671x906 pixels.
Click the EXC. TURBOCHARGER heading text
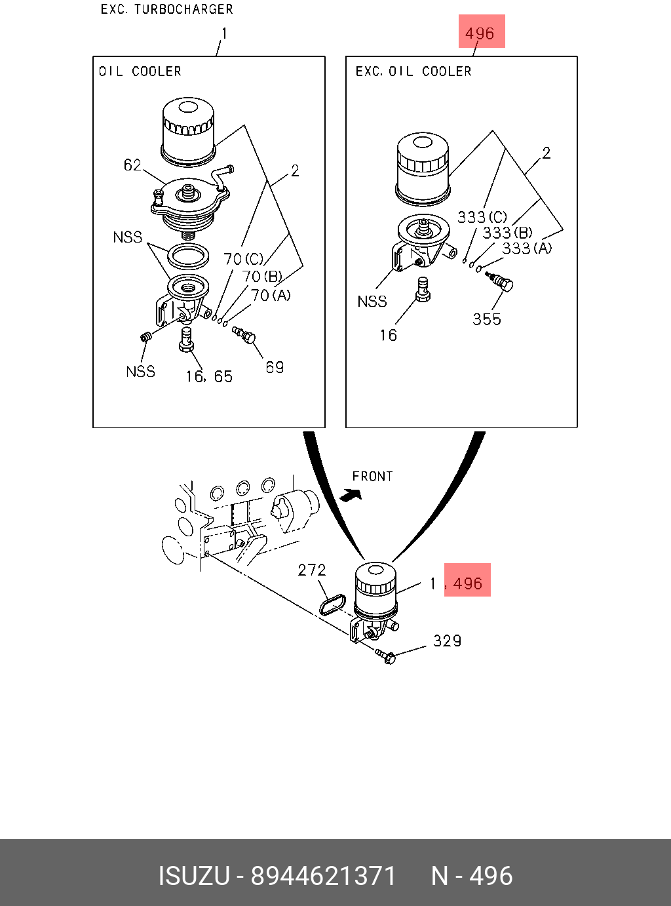(166, 9)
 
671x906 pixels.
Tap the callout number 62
(132, 165)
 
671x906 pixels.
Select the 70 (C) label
(244, 260)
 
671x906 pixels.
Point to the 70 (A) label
(271, 296)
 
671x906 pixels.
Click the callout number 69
(275, 367)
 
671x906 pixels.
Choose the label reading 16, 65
(209, 377)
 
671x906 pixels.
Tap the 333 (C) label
(482, 217)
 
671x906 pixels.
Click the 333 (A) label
(527, 248)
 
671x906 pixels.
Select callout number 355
(487, 319)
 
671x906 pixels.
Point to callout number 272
(312, 570)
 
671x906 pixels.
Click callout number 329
(447, 641)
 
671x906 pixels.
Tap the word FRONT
(372, 477)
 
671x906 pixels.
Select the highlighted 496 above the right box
(480, 33)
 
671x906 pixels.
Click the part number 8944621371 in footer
(324, 876)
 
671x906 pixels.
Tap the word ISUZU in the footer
(194, 876)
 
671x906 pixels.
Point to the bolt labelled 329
(386, 656)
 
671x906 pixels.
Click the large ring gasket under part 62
(189, 256)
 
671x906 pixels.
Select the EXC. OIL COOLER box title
(413, 71)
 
